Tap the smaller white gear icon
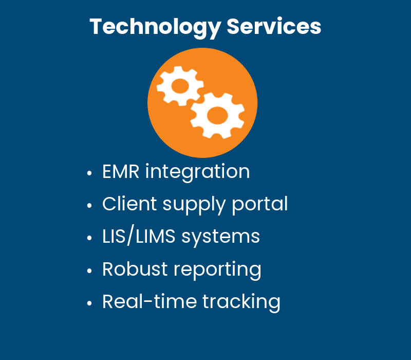click(179, 86)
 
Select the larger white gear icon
click(217, 115)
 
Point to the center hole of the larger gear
click(217, 115)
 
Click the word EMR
click(121, 171)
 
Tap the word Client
click(129, 204)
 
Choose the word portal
click(260, 205)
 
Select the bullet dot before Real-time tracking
click(90, 303)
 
